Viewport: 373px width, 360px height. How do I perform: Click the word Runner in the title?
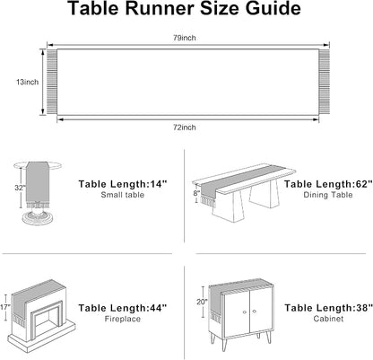click(x=160, y=8)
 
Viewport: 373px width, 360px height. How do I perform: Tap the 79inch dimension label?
click(x=185, y=38)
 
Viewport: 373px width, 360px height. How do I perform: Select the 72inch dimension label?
click(x=185, y=127)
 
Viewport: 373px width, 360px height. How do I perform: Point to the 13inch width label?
click(x=27, y=82)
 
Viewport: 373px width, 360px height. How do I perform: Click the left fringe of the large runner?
click(x=52, y=82)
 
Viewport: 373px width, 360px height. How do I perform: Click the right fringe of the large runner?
click(x=324, y=82)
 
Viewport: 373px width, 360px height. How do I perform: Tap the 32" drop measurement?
click(x=20, y=188)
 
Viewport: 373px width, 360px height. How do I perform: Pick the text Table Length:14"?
click(x=123, y=184)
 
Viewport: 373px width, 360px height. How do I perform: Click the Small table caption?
click(x=123, y=195)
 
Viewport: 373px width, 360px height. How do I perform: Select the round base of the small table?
click(x=38, y=218)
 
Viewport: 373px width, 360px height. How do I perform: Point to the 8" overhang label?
click(x=196, y=193)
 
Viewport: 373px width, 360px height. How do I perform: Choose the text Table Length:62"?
click(x=328, y=184)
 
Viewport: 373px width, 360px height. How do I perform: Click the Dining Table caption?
click(x=328, y=195)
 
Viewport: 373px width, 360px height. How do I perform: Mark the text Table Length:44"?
click(x=123, y=308)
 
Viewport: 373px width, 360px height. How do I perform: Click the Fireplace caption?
click(x=123, y=319)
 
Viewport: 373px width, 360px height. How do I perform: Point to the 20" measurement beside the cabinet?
click(x=202, y=302)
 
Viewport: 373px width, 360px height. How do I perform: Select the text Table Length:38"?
click(x=328, y=308)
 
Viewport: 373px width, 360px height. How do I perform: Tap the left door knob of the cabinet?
click(x=245, y=312)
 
